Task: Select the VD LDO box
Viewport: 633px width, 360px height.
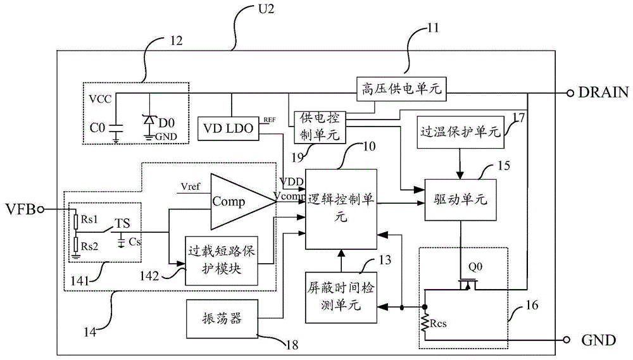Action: (227, 128)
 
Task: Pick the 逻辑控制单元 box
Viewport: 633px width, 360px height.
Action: (341, 209)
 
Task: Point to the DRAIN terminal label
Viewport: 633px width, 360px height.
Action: (603, 92)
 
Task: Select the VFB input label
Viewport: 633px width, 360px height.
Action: (18, 208)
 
